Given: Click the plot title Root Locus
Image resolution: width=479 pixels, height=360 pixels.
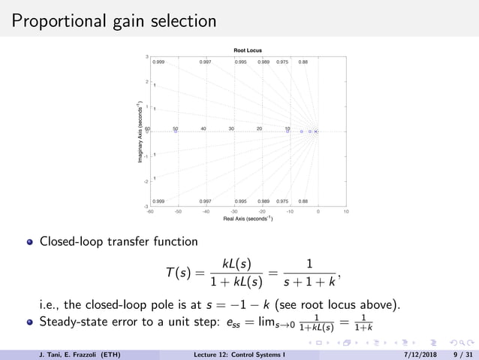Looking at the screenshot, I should [247, 50].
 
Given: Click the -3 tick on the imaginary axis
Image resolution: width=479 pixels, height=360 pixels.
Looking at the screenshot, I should [146, 206].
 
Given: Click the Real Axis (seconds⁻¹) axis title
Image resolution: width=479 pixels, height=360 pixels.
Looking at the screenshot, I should [248, 219].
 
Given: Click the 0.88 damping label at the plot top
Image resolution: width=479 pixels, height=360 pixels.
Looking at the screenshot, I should [303, 62].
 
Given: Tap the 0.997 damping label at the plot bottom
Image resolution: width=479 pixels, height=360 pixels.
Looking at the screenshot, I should [205, 201].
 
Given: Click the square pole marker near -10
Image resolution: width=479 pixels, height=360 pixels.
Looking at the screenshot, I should [290, 132].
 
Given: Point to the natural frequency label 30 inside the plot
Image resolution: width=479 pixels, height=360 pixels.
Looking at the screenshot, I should [231, 129].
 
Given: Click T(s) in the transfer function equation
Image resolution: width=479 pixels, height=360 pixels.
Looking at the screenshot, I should [179, 271].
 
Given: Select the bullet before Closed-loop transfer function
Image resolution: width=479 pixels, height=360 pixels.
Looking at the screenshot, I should [31, 243].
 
